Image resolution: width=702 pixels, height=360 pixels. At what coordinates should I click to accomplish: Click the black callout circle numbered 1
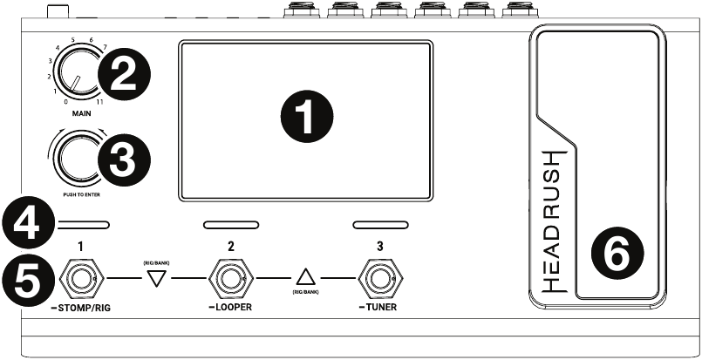coord(307,117)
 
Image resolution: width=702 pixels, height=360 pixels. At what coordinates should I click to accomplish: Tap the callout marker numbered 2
coord(124,75)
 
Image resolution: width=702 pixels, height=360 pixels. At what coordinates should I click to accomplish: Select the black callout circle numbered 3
coord(124,160)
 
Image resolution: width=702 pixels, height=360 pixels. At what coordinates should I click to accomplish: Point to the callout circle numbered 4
coord(28,222)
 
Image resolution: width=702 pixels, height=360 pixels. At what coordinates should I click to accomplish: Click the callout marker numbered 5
coord(28,282)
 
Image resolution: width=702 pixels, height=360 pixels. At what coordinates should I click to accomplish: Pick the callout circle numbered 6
coord(617,254)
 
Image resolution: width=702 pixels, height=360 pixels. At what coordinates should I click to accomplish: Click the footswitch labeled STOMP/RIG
coord(80,278)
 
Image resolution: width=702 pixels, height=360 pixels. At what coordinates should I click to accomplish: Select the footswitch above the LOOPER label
coord(230,278)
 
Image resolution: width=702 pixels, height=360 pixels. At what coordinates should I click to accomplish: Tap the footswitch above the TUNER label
coord(380,278)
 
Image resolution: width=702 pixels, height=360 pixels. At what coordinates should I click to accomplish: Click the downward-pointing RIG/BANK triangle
coord(156,279)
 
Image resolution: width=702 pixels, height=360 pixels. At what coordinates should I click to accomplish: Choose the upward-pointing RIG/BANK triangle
coord(306,277)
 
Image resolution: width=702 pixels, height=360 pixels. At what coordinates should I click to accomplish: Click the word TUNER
coord(381,307)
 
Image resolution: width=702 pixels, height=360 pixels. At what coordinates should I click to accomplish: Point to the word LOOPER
coord(233,307)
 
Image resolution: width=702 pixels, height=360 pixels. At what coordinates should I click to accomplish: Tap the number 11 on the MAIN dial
coord(99,102)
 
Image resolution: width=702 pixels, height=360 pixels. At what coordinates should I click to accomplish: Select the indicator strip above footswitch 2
coord(231,225)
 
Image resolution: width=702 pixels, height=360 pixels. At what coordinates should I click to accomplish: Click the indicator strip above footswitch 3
coord(380,225)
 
